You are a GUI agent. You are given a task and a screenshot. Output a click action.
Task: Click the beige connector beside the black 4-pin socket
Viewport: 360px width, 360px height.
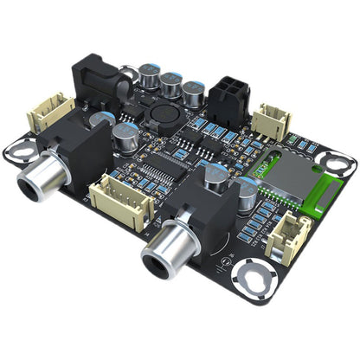tap(272, 122)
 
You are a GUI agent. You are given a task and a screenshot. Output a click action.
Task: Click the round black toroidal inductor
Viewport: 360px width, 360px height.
tap(161, 118)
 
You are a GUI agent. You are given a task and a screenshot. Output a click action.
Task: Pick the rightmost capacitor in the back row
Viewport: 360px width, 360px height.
tap(193, 91)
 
